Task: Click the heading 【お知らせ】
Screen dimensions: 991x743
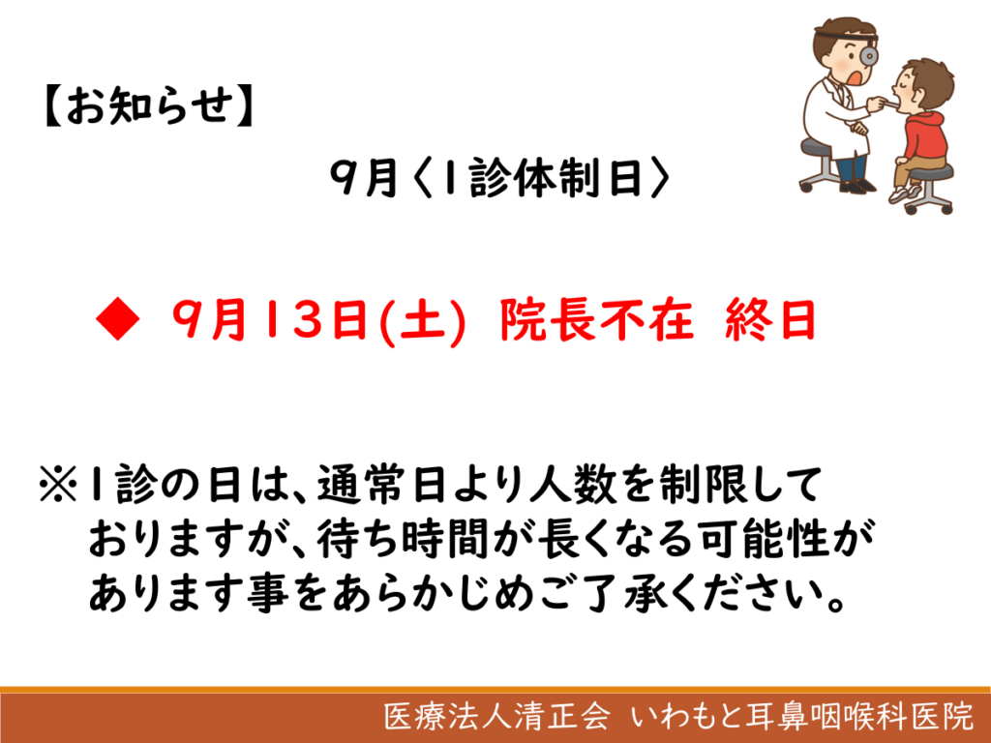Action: point(148,105)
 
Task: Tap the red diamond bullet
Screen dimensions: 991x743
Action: point(117,319)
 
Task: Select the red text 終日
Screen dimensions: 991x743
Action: point(769,319)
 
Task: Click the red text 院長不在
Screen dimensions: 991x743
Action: point(596,319)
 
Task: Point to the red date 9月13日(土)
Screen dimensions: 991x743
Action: point(319,320)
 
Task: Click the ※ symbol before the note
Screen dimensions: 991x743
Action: point(58,485)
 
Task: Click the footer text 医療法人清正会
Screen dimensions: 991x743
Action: point(496,716)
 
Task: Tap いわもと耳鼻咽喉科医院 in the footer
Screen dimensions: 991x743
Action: point(802,716)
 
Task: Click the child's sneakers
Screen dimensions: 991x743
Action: point(905,193)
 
